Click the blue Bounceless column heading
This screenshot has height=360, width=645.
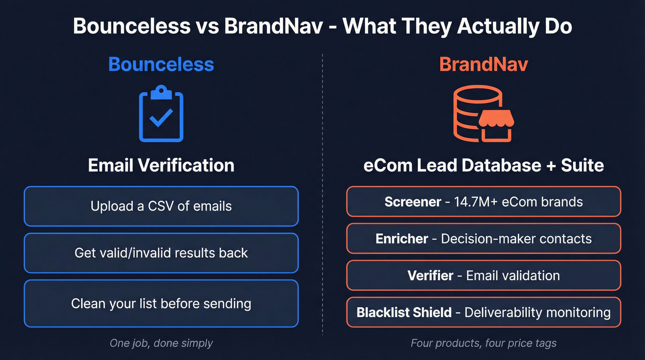click(161, 65)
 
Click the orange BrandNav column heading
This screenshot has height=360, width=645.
click(483, 65)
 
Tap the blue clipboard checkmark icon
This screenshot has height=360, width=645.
click(161, 114)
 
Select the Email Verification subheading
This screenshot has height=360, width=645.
click(161, 165)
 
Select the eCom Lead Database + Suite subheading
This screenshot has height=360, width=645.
click(483, 165)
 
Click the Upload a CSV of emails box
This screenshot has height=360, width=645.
click(161, 206)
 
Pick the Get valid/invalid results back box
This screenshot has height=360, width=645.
click(161, 253)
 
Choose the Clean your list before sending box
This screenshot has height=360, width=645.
click(161, 304)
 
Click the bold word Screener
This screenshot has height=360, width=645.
click(413, 202)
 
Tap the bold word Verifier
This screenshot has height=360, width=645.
click(430, 276)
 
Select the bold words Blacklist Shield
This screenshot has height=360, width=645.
click(404, 313)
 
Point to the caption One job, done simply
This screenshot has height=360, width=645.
click(161, 343)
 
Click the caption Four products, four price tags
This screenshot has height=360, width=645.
click(483, 343)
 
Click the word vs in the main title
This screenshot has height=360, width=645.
click(207, 26)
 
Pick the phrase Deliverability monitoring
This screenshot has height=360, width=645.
click(537, 313)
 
